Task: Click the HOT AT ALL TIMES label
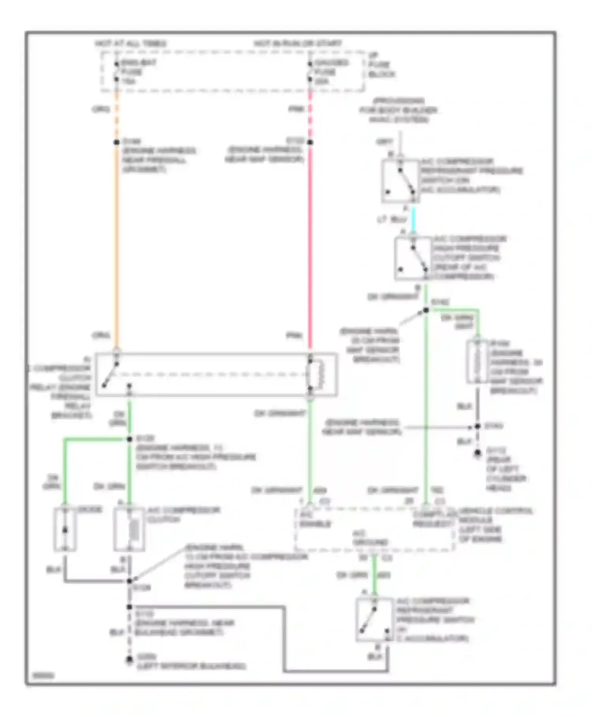[x=131, y=43]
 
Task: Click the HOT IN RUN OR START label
[x=298, y=43]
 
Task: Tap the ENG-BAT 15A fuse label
[x=138, y=72]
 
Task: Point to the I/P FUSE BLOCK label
[x=381, y=65]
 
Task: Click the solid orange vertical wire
[x=117, y=245]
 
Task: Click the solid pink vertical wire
[x=310, y=245]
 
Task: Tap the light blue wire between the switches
[x=413, y=219]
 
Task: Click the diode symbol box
[x=65, y=530]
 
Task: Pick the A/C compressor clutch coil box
[x=129, y=530]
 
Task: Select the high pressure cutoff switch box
[x=413, y=259]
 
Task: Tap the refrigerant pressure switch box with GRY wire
[x=400, y=181]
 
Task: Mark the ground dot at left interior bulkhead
[x=129, y=660]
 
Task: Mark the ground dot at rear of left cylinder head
[x=478, y=453]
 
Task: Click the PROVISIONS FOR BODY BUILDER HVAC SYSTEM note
[x=399, y=110]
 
